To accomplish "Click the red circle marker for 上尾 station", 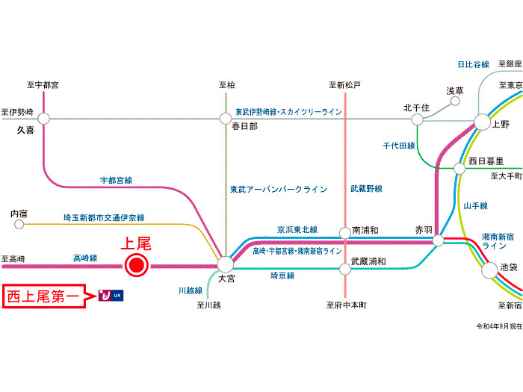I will tap(136, 264).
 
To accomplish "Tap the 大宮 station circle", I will tap(225, 264).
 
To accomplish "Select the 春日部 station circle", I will tap(226, 118).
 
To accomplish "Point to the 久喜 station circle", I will tap(43, 118).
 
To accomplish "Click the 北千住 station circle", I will tap(417, 119).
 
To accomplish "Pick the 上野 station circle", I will tap(480, 122).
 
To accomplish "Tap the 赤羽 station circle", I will tap(439, 240).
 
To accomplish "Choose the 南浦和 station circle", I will tap(345, 232).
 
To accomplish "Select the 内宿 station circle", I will tap(19, 223).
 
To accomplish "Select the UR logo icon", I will tap(111, 296).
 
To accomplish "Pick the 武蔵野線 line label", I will tap(366, 190).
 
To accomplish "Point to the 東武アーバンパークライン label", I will tap(278, 190).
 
